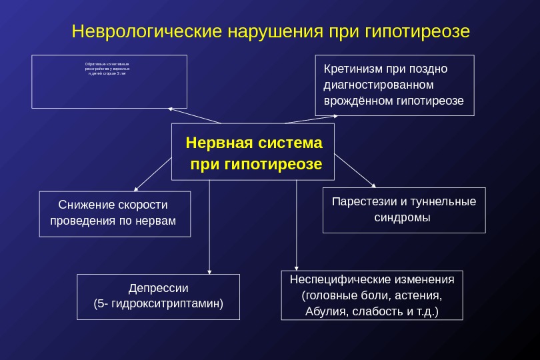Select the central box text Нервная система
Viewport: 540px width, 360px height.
[x=253, y=143]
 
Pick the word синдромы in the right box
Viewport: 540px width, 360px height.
[x=404, y=217]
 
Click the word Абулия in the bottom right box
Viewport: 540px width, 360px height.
[x=323, y=311]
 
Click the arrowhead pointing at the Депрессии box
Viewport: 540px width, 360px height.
[x=210, y=270]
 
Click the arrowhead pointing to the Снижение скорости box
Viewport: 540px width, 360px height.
[x=136, y=189]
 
